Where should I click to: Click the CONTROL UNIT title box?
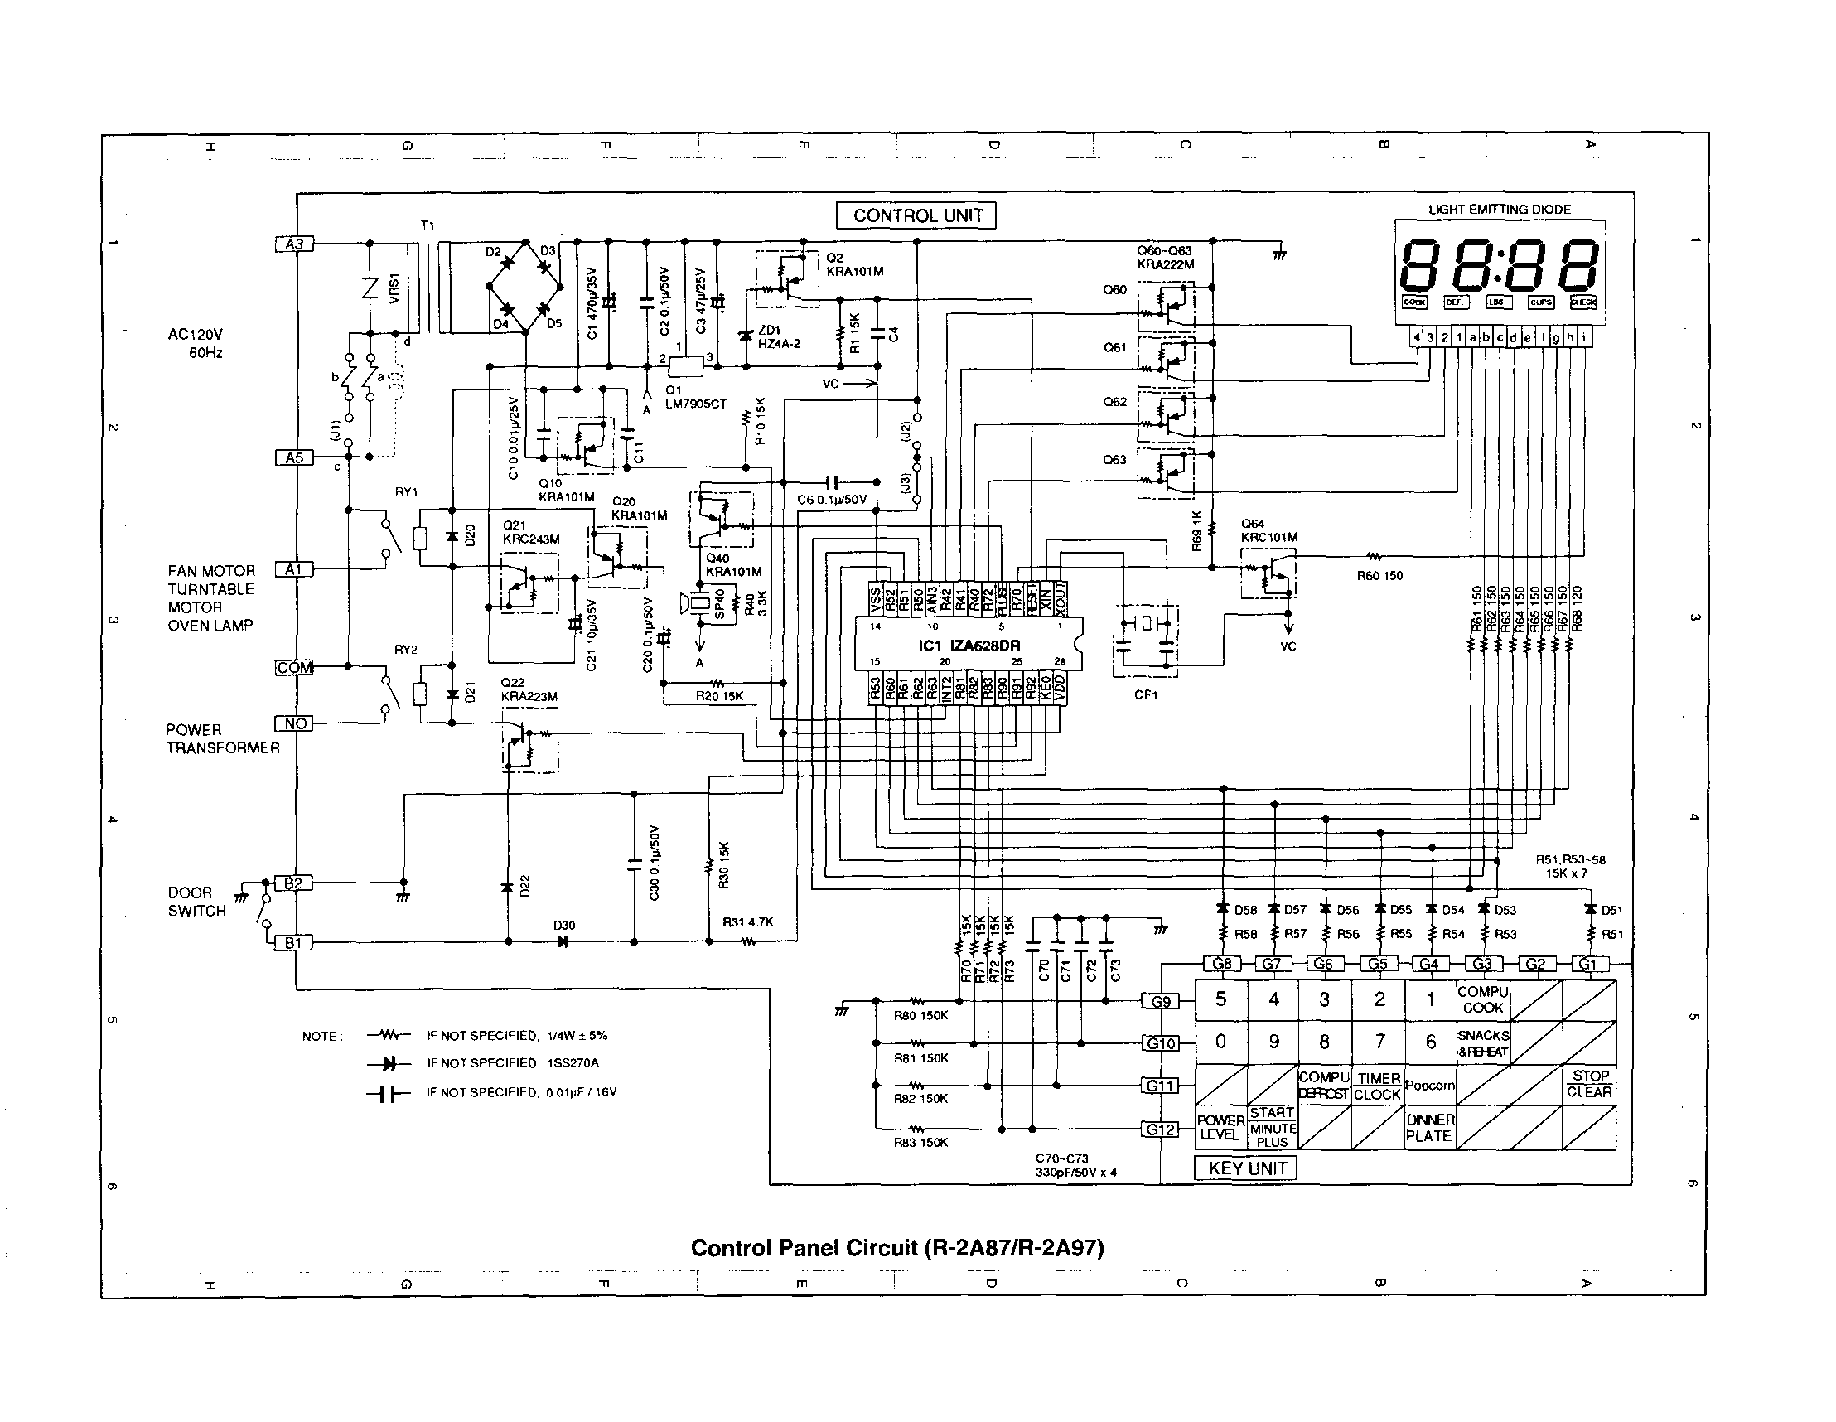click(917, 216)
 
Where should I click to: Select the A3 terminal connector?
click(294, 244)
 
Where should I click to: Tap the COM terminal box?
click(294, 668)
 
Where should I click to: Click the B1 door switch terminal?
click(293, 943)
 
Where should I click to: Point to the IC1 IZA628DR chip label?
click(967, 646)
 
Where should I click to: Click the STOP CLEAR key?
click(1589, 1084)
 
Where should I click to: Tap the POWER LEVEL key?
click(1220, 1127)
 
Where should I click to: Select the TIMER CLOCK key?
click(1378, 1086)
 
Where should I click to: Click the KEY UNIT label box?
click(1246, 1168)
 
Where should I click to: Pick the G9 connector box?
click(1161, 1002)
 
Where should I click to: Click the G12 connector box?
click(1161, 1129)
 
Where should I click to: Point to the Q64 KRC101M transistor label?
click(1268, 530)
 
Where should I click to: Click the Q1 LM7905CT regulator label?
click(694, 397)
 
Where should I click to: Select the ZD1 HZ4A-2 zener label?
click(779, 337)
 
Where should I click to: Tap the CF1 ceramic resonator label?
click(1146, 694)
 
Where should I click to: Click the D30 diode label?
click(564, 925)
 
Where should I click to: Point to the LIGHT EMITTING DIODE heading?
click(1499, 210)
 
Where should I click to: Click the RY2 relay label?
click(406, 650)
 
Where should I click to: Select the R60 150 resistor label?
click(1379, 576)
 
